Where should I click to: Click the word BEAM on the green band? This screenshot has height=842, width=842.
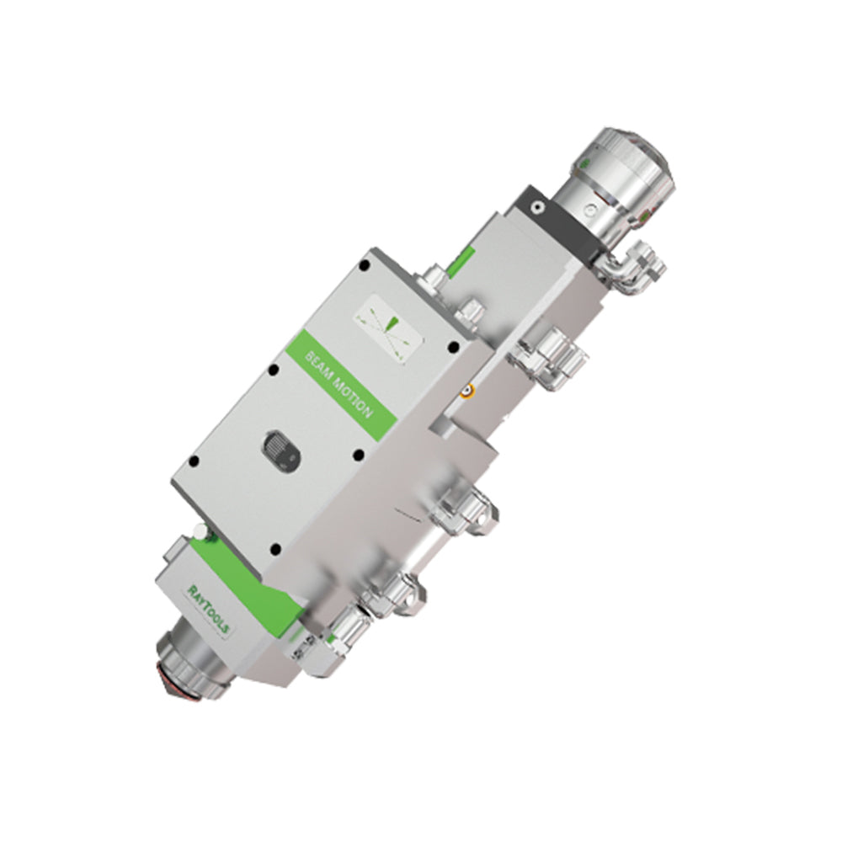click(318, 366)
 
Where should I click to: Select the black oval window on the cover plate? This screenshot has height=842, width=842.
click(281, 449)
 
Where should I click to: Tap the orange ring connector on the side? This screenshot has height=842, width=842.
click(469, 391)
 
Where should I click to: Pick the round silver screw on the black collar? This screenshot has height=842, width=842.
click(536, 206)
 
